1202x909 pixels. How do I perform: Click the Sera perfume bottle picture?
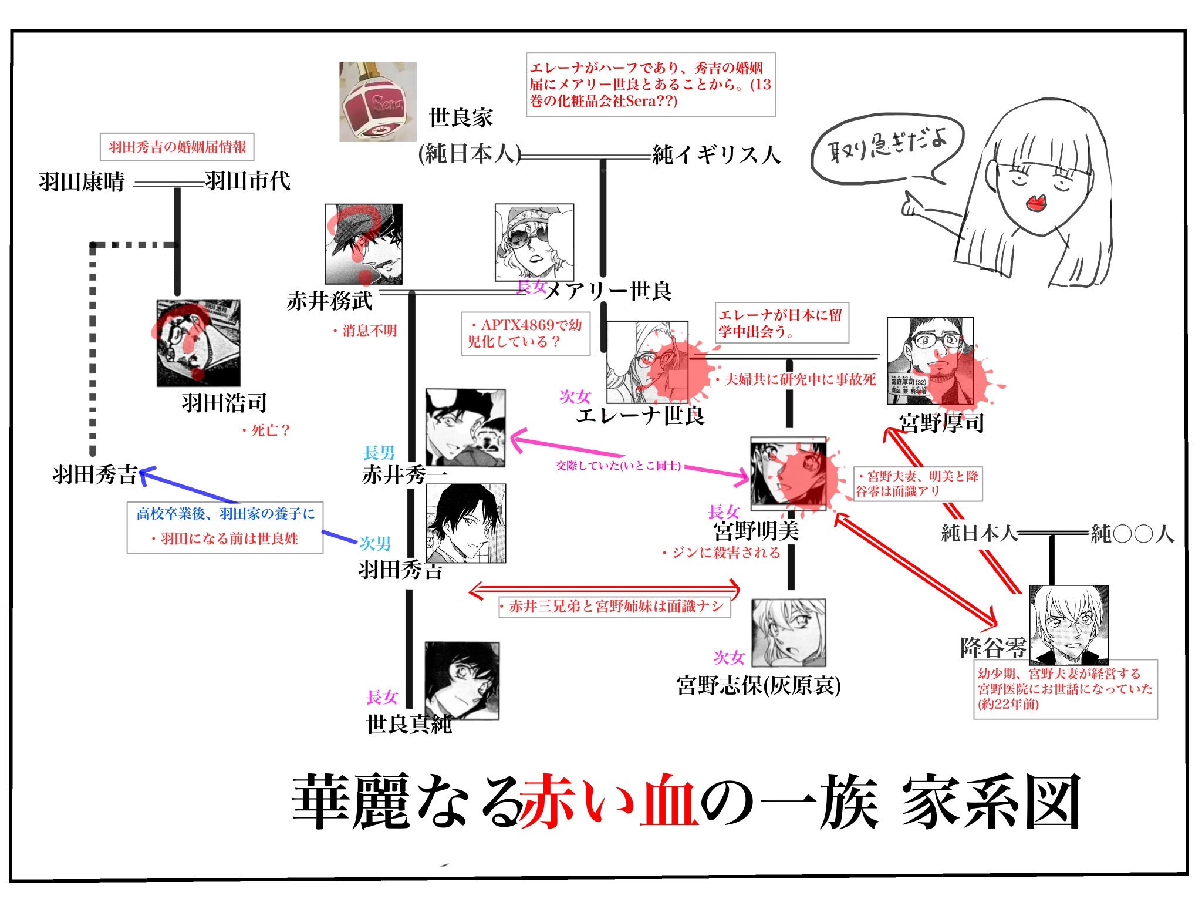(x=377, y=101)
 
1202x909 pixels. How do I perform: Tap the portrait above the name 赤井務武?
(x=364, y=244)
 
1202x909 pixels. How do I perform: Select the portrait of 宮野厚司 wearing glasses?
(x=930, y=361)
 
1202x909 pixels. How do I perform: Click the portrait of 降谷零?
(x=1069, y=624)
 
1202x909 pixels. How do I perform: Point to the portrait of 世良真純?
(x=462, y=680)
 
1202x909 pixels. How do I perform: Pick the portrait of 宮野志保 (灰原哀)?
(x=788, y=632)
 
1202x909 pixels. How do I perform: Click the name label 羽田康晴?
(x=82, y=182)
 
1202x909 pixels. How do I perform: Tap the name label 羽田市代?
(x=248, y=181)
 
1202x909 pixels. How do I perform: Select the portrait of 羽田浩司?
(x=198, y=343)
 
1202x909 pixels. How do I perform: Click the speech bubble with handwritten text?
(x=886, y=147)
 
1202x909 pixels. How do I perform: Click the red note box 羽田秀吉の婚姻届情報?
(x=177, y=147)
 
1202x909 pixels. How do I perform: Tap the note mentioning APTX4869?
(x=525, y=333)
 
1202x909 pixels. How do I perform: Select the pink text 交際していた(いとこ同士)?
(x=618, y=466)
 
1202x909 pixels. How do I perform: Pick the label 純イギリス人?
(x=716, y=155)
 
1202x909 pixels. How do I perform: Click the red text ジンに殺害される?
(x=721, y=553)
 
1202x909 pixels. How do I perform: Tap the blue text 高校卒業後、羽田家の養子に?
(x=225, y=514)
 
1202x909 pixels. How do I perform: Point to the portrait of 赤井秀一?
(x=465, y=427)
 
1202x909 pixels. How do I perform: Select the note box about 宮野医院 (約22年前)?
(x=1065, y=688)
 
